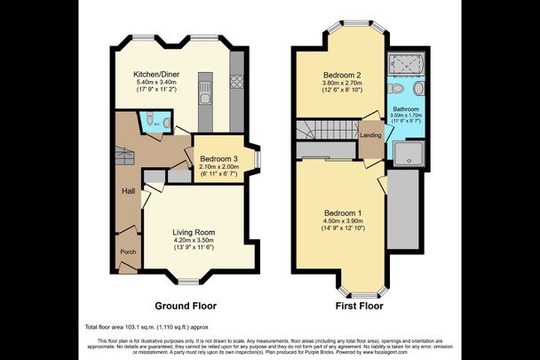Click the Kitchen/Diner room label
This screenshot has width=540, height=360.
point(152,73)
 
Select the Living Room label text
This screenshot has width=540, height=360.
point(193,232)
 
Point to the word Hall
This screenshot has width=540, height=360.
point(128,190)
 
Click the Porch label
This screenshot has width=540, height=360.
point(128,252)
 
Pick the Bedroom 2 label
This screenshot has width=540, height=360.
point(340,75)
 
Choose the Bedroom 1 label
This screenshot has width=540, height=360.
point(342,213)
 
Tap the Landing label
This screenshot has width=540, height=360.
point(371,135)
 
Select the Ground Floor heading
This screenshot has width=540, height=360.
point(186,305)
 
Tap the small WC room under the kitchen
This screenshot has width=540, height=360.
point(150,121)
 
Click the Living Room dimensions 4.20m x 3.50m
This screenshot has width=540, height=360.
point(194,241)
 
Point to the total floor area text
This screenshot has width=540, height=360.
point(146,326)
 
